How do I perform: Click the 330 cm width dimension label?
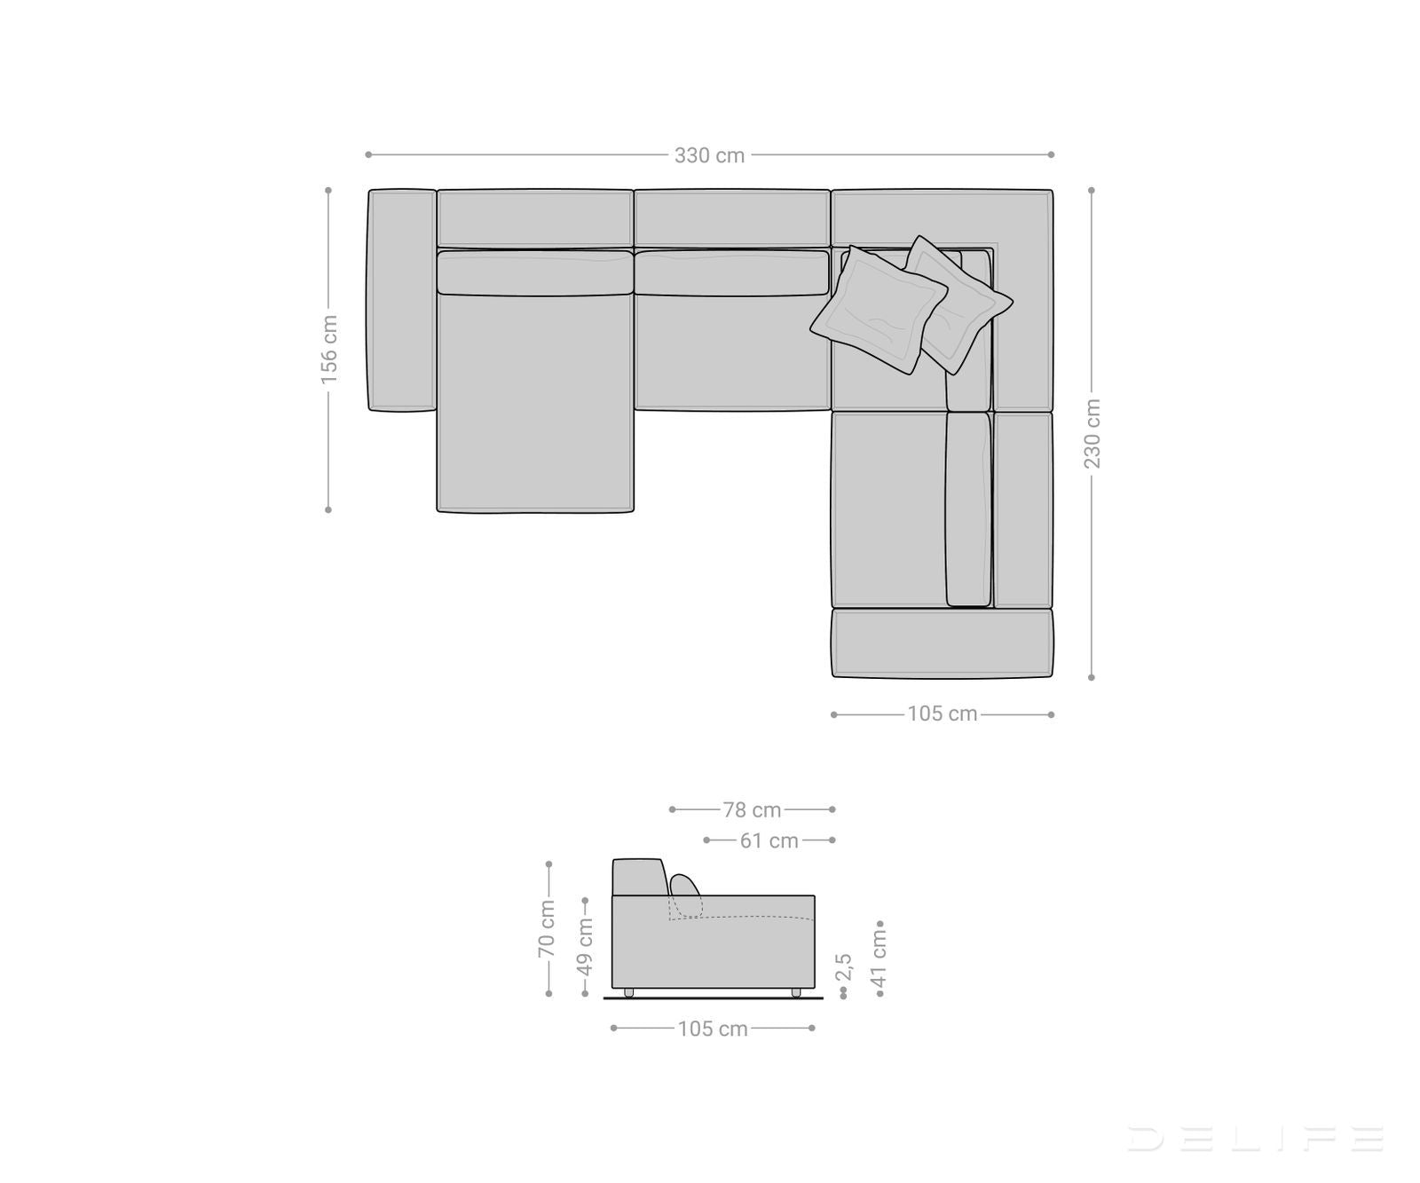[x=709, y=155]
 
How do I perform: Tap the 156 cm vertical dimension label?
[x=329, y=349]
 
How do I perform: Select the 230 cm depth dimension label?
[x=1093, y=433]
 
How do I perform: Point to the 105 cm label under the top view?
[x=942, y=714]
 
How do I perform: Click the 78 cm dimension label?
[x=752, y=810]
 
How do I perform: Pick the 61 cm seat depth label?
[x=769, y=840]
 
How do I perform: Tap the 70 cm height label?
[x=547, y=928]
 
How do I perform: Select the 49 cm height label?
[x=585, y=946]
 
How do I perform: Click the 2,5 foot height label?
[x=844, y=967]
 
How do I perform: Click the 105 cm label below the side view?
[x=713, y=1029]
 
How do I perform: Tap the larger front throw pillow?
[x=878, y=310]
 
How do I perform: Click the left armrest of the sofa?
[x=401, y=300]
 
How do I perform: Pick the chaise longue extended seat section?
[x=535, y=404]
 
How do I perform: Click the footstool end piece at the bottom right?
[x=942, y=643]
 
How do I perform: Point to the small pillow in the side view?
[x=684, y=886]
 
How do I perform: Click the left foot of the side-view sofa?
[x=629, y=993]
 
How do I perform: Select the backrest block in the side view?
[x=638, y=877]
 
